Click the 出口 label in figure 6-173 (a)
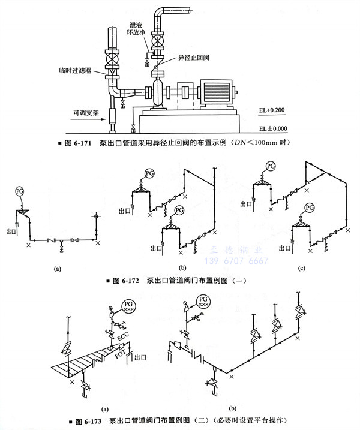142,357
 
